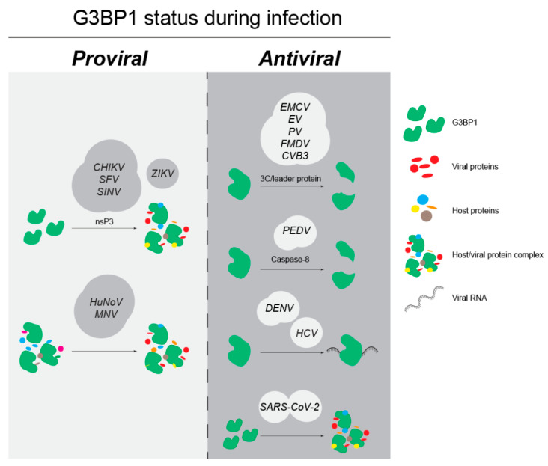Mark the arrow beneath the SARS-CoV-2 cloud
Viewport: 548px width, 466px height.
(290, 435)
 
